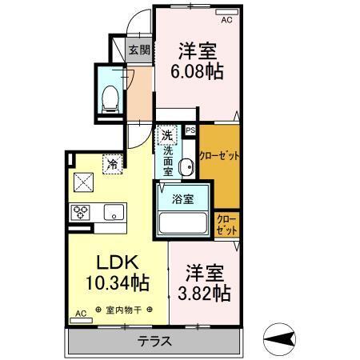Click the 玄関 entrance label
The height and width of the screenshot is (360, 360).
[139, 50]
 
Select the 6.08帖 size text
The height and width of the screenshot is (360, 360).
[197, 70]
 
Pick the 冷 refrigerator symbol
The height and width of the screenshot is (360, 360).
[112, 163]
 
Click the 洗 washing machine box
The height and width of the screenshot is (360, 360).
[166, 135]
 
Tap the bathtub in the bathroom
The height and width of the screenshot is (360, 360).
[182, 221]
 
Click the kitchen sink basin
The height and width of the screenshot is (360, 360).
[113, 212]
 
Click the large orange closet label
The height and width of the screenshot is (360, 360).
[218, 157]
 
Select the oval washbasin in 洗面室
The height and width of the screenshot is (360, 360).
[186, 167]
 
